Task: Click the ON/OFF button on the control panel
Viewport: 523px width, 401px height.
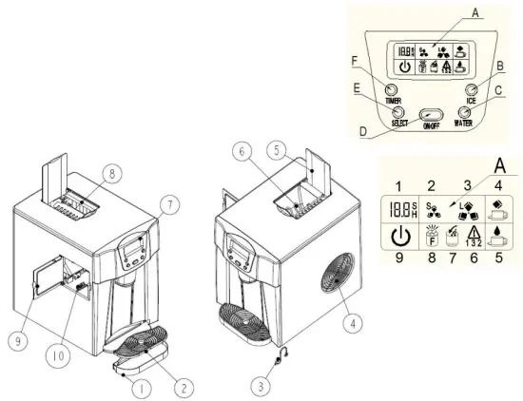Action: point(436,110)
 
